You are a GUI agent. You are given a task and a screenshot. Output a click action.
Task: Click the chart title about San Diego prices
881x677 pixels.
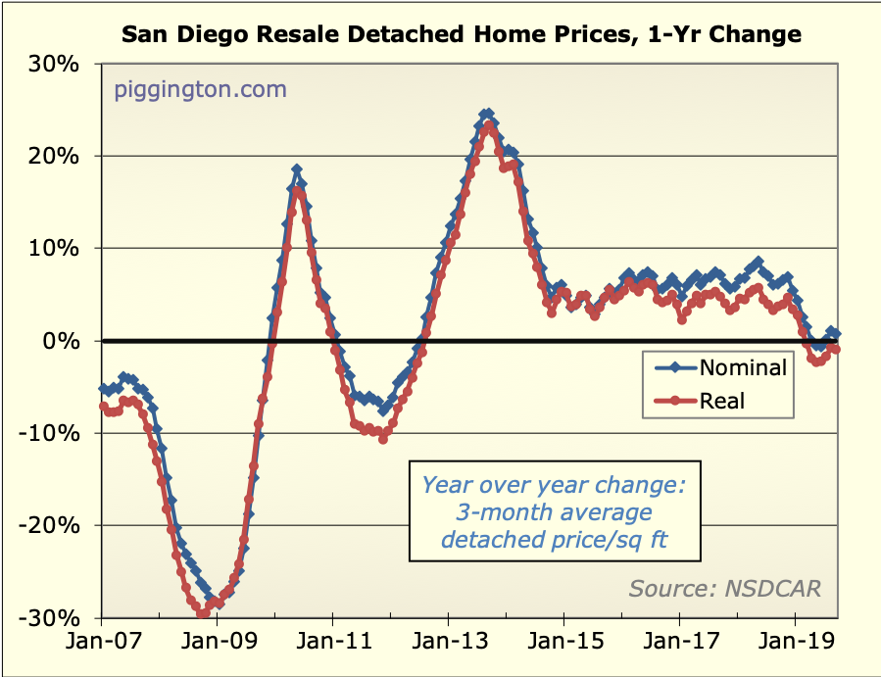coord(461,35)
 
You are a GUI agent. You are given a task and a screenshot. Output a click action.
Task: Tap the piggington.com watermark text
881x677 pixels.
coord(201,90)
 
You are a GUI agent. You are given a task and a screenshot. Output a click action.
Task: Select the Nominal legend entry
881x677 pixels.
coord(742,368)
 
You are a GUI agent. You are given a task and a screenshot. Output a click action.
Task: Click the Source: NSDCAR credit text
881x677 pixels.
coord(724,588)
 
